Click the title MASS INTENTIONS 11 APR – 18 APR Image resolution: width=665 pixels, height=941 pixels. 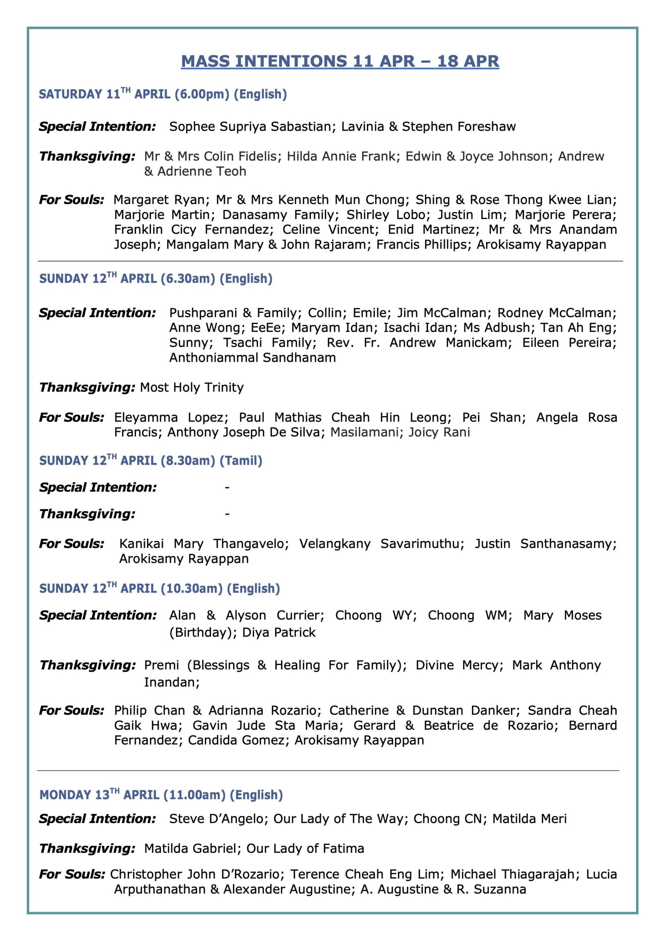point(340,61)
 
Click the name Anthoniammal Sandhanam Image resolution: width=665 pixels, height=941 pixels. point(252,358)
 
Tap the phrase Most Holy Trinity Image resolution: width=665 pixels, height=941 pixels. point(192,388)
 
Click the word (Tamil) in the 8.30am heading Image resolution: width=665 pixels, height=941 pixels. point(241,461)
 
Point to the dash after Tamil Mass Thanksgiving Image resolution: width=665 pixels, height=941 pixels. point(227,514)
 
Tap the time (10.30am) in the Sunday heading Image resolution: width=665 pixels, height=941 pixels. point(192,588)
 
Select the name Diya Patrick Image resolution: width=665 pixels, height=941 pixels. point(279,632)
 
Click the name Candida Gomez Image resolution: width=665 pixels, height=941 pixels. point(236,740)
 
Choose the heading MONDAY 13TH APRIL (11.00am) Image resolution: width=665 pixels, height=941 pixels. point(161,795)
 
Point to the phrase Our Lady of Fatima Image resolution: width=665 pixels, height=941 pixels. point(305,848)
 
